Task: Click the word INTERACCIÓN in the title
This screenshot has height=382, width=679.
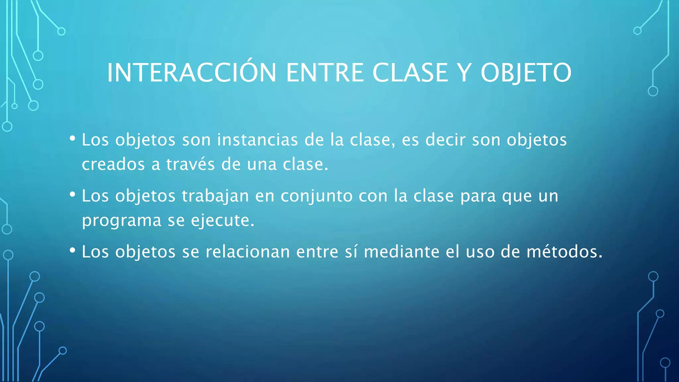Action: click(x=192, y=73)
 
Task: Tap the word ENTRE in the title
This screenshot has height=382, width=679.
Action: click(x=325, y=73)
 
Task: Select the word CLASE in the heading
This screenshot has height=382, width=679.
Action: click(x=410, y=73)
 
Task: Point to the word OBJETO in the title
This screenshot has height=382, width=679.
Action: click(x=526, y=73)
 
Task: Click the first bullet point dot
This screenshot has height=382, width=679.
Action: click(x=73, y=139)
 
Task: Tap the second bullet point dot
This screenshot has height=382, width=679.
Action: click(x=73, y=195)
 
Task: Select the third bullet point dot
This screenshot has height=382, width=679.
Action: click(x=73, y=250)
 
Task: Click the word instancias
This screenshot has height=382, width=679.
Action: click(x=257, y=140)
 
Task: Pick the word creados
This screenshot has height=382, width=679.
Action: click(x=113, y=164)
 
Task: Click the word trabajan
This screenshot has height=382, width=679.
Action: click(x=215, y=196)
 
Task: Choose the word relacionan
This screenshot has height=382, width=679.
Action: click(x=248, y=252)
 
